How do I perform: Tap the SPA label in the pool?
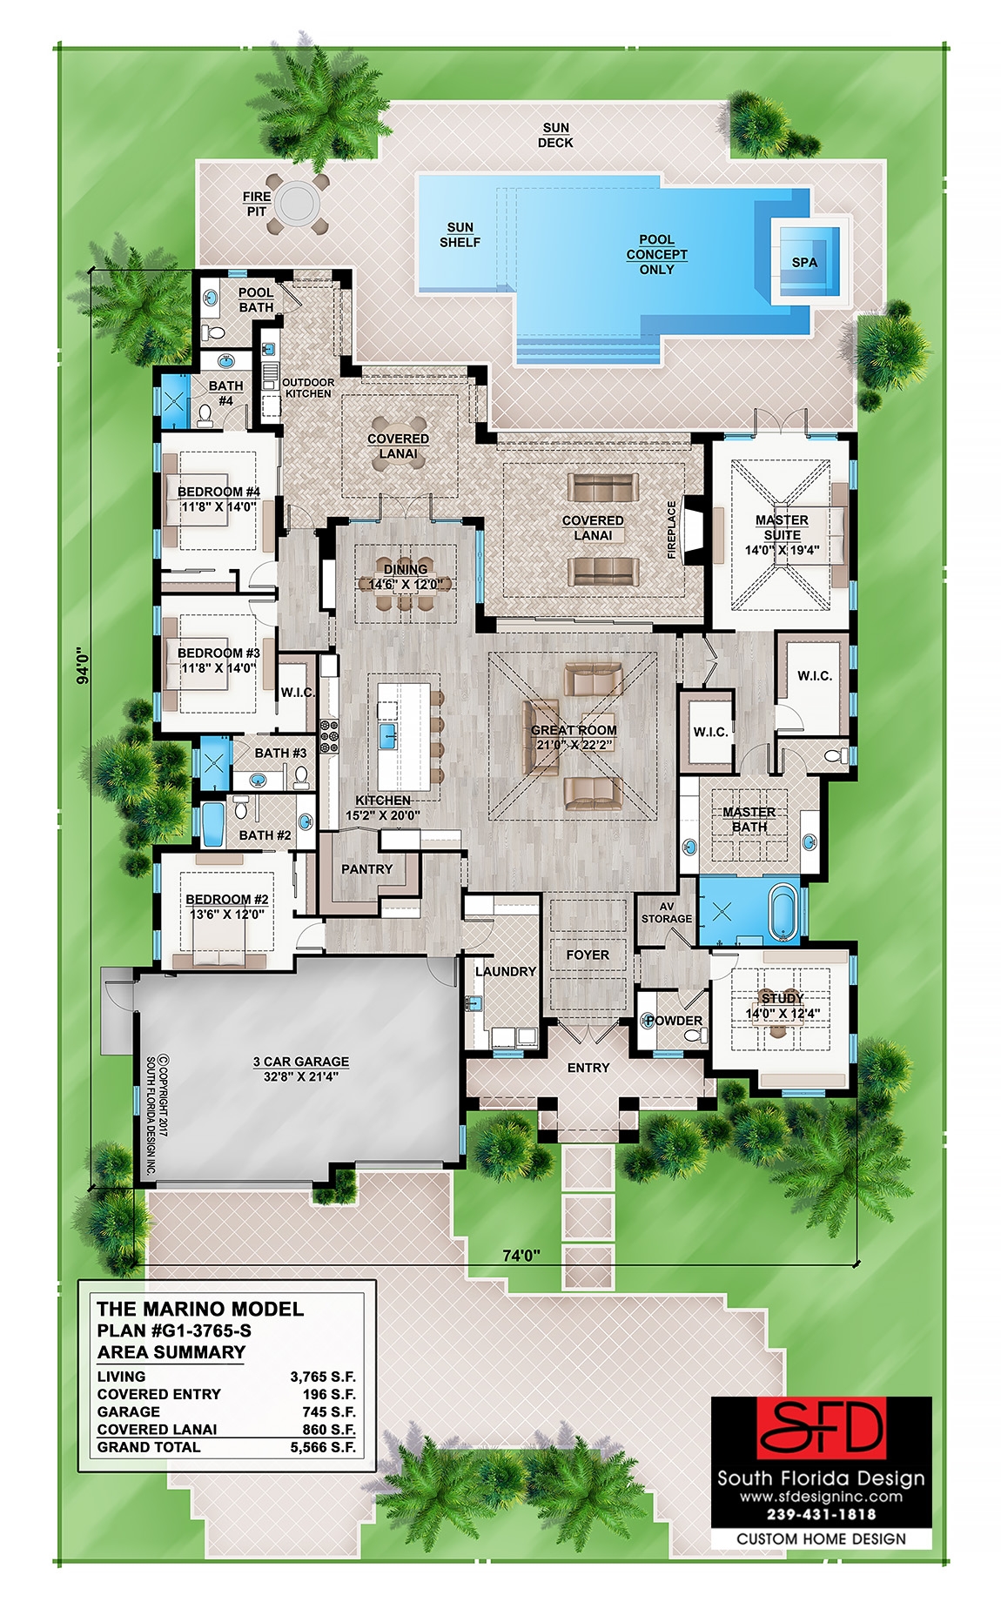pos(804,262)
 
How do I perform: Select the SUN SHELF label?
pos(460,235)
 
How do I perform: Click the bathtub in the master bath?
pos(783,913)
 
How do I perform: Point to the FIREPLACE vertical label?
pos(671,529)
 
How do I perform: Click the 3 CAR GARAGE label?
pos(301,1062)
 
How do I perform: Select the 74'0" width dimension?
pos(521,1255)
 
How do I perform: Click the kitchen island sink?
pos(388,735)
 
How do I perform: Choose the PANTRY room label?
pos(366,868)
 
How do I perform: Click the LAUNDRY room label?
pos(505,971)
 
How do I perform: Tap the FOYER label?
pos(588,955)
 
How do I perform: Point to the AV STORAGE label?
pos(666,912)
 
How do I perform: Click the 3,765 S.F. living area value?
pos(322,1377)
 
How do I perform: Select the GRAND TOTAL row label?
pos(149,1447)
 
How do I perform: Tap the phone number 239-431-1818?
pos(821,1514)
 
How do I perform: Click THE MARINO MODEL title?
pos(200,1309)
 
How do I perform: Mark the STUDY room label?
pos(781,998)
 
